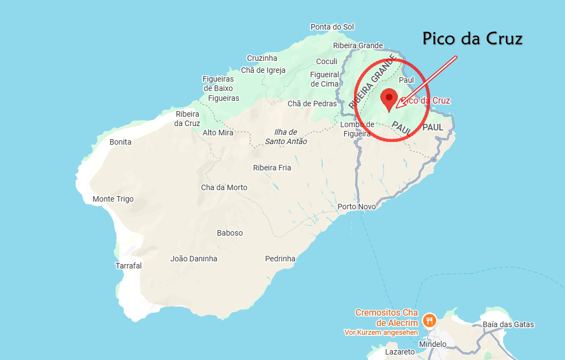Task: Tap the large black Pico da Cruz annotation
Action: point(472,38)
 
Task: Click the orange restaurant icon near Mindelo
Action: point(429,320)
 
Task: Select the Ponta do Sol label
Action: point(332,27)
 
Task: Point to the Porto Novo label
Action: point(357,207)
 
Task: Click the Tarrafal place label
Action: point(128,266)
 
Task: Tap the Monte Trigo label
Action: point(113,199)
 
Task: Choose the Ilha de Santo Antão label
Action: point(285,137)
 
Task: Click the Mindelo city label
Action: point(432,344)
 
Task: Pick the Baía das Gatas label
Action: point(508,324)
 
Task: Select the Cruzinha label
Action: point(262,58)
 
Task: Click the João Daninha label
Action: point(193,259)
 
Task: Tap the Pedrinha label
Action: point(280,259)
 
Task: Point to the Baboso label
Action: point(230,233)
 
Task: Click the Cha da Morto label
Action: point(224,187)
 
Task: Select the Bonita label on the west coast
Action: point(121,142)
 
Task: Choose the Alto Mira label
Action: point(218,133)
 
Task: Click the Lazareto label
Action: point(400,352)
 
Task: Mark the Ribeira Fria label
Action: point(272,168)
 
